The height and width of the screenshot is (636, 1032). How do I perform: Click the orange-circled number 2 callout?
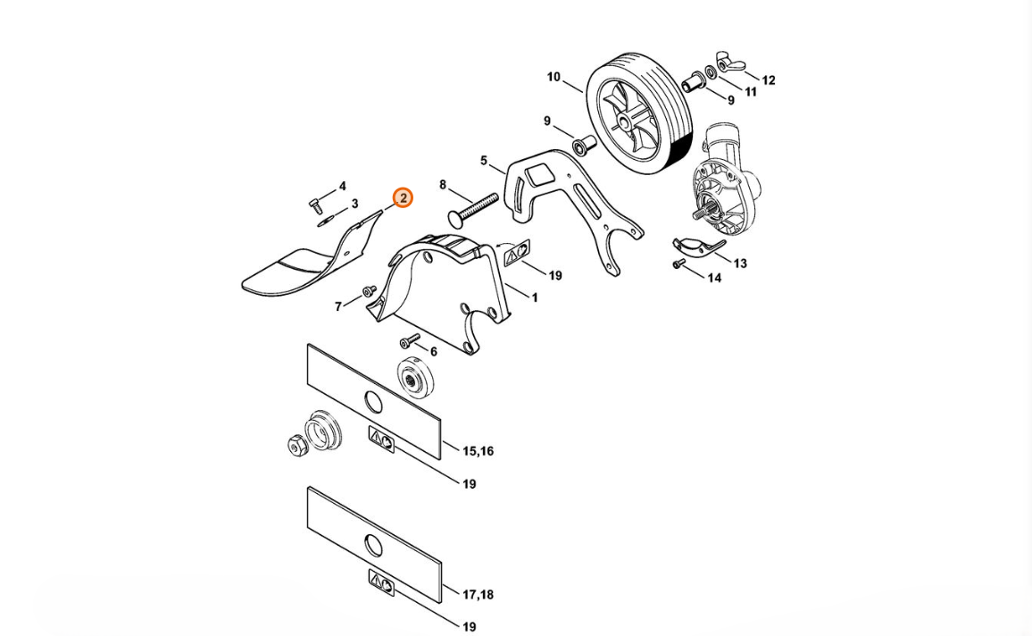tap(403, 197)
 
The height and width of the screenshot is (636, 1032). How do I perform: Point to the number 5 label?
tap(484, 161)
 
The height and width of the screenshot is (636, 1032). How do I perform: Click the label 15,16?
tap(478, 451)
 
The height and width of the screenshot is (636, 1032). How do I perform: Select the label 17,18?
tap(478, 595)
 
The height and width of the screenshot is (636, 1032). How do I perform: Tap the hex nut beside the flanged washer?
tap(296, 445)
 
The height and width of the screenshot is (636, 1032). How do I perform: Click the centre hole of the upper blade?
tap(372, 400)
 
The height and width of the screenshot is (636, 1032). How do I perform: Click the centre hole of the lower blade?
tap(373, 544)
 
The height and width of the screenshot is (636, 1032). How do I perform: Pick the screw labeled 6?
tap(410, 340)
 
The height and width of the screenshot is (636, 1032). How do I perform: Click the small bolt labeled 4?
tap(314, 204)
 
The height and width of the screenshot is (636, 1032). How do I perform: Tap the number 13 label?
tap(740, 264)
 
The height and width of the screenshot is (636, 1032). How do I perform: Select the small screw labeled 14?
tap(679, 264)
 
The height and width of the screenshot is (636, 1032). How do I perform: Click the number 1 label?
tap(535, 297)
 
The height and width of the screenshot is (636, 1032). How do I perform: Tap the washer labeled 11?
tap(711, 71)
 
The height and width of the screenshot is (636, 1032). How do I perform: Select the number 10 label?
tap(553, 77)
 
